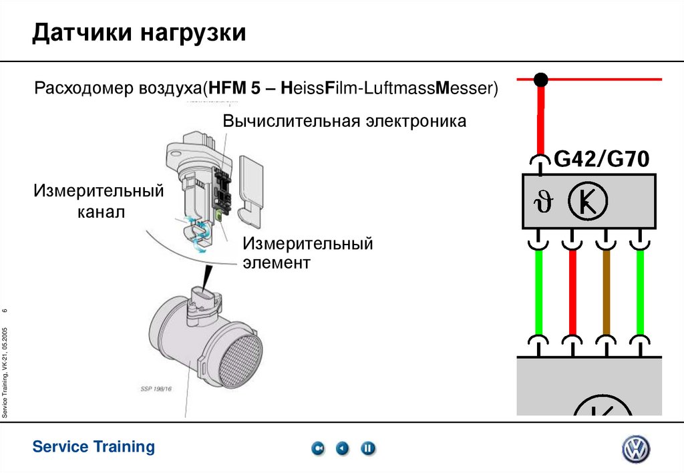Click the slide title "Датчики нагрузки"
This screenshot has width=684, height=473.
(139, 33)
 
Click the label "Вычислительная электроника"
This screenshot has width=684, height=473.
(345, 122)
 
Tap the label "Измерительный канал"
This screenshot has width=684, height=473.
(100, 202)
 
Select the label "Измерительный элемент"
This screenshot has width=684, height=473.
(307, 253)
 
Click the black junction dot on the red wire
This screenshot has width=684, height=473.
(541, 80)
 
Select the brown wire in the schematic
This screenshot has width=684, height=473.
(607, 293)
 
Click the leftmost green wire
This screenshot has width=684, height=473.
(538, 293)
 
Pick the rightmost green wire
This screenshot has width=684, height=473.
(641, 293)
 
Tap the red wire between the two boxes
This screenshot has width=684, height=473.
(572, 293)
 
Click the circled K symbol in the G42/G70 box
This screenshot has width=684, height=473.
(586, 200)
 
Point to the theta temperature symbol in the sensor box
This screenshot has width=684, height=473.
(538, 201)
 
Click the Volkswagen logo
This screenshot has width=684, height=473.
(635, 450)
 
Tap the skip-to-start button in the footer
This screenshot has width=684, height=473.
(319, 448)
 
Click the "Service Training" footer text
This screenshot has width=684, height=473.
(94, 446)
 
